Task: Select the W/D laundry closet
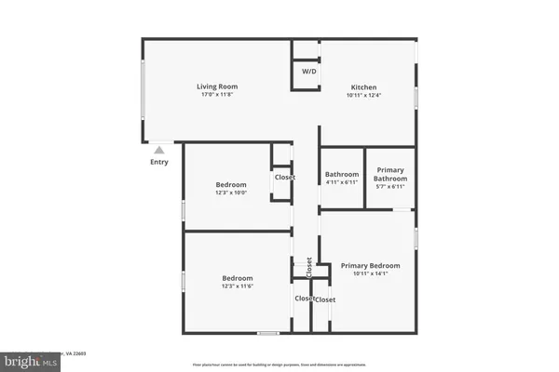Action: (307, 73)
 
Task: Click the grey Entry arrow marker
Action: (159, 149)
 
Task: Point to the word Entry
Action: (159, 163)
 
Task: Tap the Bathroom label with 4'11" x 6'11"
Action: (342, 175)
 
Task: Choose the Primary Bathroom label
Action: (390, 174)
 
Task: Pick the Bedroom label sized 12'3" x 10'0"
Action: (230, 184)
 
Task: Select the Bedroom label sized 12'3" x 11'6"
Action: (237, 278)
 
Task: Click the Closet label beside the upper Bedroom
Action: (284, 177)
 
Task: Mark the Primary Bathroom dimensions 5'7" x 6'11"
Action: (390, 187)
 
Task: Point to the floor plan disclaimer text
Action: (280, 365)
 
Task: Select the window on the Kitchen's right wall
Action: (416, 85)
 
